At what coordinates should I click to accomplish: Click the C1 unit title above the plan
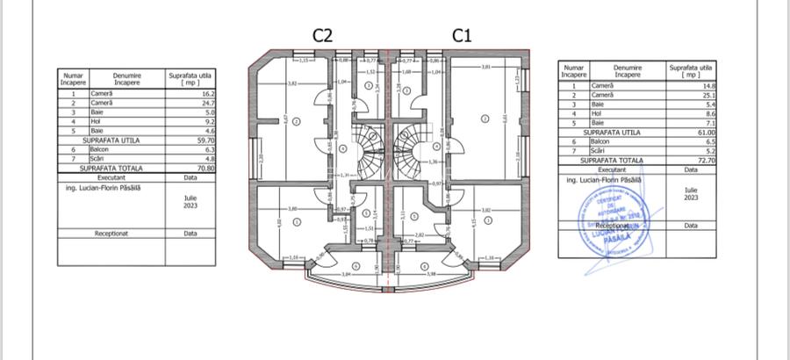tap(463, 35)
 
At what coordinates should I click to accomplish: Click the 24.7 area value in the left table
tap(203, 103)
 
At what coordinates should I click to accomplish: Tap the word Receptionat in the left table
tap(111, 234)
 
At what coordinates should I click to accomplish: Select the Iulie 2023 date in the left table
tap(190, 203)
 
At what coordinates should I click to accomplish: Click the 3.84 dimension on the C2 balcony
tap(346, 274)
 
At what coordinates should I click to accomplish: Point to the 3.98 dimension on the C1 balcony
tap(431, 274)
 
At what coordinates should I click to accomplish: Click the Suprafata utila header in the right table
tap(685, 70)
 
